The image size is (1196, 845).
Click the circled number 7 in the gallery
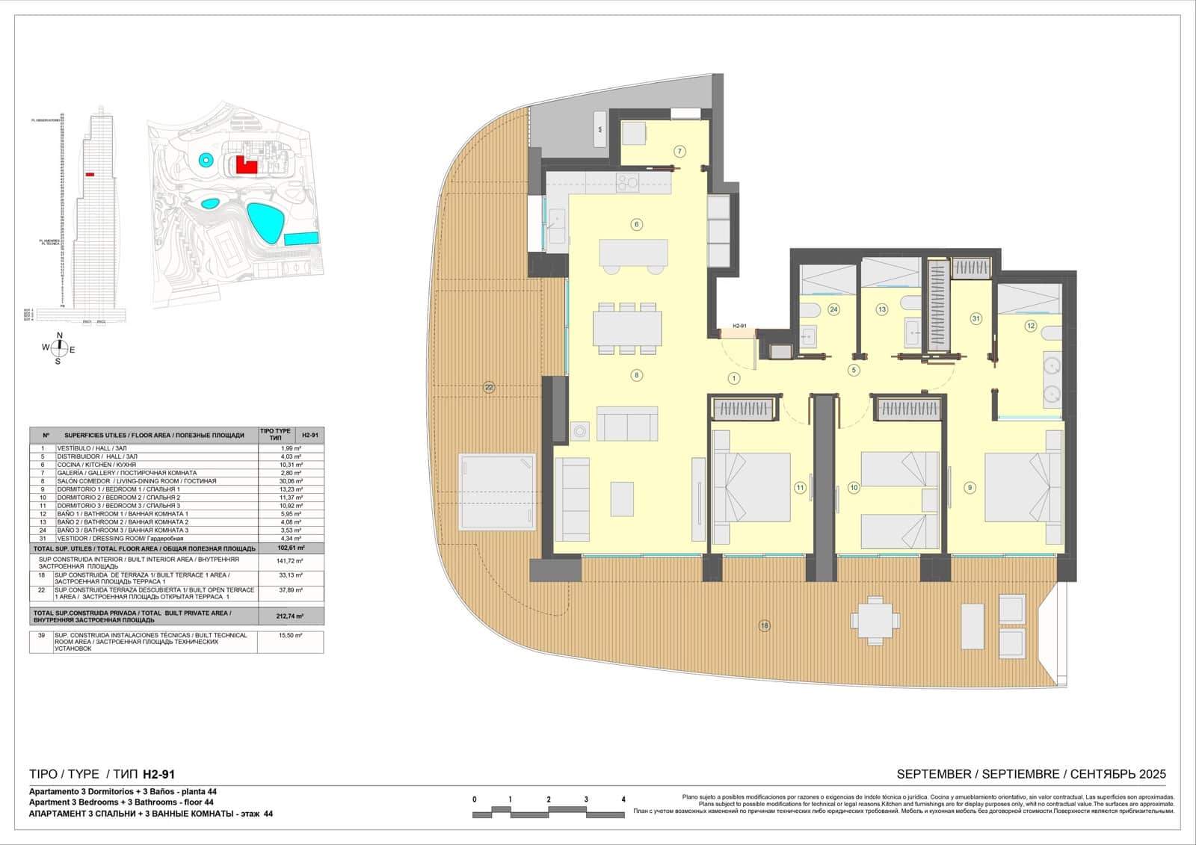point(679,152)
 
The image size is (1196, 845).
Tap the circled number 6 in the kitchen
point(637,224)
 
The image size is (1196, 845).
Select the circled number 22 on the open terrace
point(489,387)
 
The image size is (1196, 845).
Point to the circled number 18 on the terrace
point(764,626)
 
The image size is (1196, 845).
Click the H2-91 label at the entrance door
point(739,326)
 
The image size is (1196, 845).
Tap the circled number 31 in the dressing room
point(975,318)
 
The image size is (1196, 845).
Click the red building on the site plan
point(245,165)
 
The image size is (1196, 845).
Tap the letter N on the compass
point(60,335)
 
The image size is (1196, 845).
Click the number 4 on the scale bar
point(623,799)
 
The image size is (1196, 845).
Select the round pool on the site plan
point(205,159)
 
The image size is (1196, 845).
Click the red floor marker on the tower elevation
point(90,174)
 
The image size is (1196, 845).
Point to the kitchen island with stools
point(633,253)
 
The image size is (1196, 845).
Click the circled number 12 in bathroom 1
point(1031,326)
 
